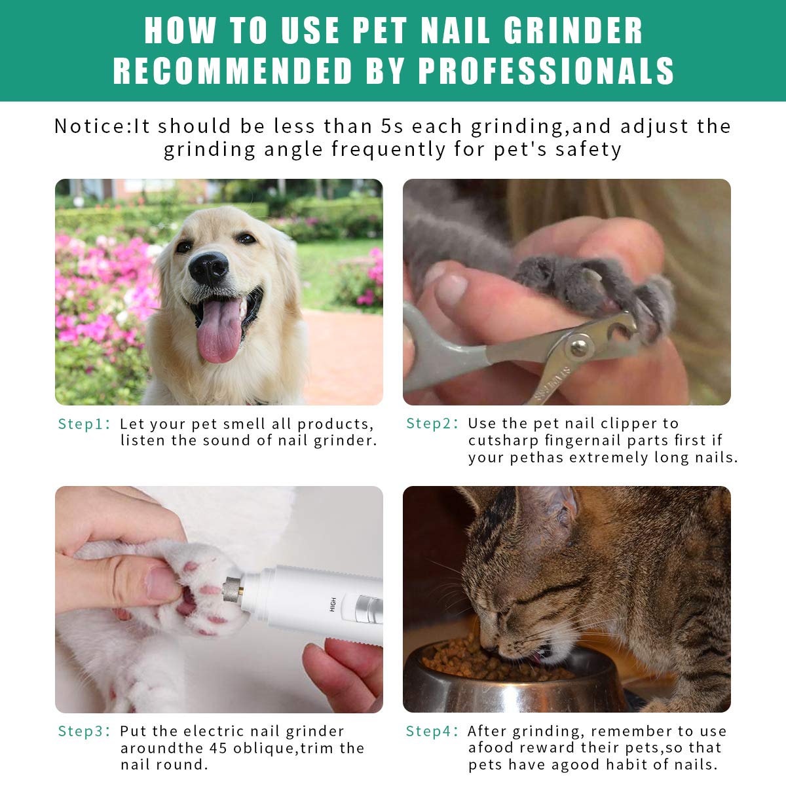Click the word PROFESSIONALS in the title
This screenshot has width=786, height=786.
point(546,71)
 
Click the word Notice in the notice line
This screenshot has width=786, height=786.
point(91,126)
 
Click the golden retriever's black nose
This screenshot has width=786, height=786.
point(208,268)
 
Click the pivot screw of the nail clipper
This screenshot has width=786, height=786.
point(578,346)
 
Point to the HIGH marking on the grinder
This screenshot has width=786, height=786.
point(333,604)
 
